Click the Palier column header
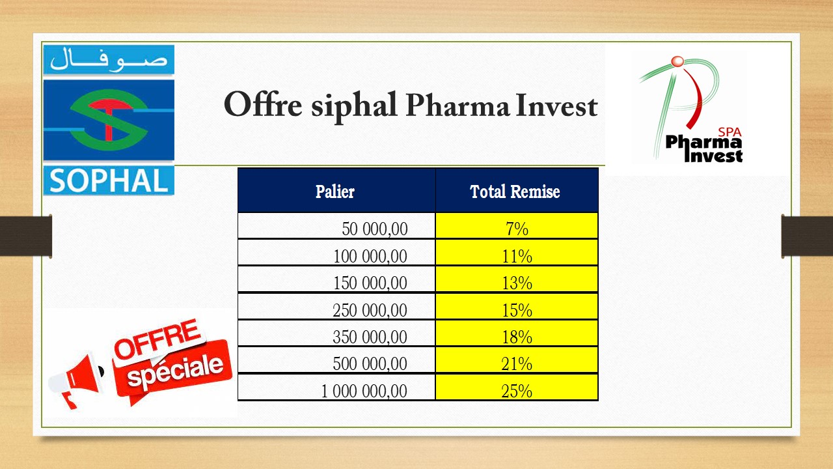[336, 190]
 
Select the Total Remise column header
[517, 190]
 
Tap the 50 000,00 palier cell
[336, 225]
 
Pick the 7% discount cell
[517, 225]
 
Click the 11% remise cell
[517, 252]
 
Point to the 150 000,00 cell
[336, 279]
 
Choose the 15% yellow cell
[517, 306]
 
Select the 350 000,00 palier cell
[336, 333]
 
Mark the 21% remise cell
[517, 360]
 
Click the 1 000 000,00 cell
[336, 387]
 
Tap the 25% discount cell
[517, 387]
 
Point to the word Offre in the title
[263, 104]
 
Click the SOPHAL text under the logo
[109, 181]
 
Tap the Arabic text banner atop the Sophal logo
[109, 60]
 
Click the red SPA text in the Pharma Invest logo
[730, 132]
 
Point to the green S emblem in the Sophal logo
[109, 120]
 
